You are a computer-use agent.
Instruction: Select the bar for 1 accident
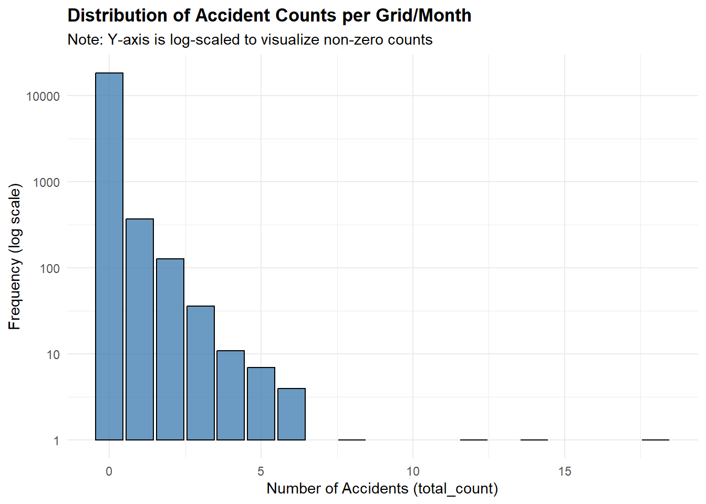pyautogui.click(x=140, y=329)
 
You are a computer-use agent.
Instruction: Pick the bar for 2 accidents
pyautogui.click(x=170, y=349)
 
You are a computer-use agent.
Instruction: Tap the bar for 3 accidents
pyautogui.click(x=201, y=373)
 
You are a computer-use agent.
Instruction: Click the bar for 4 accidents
pyautogui.click(x=231, y=395)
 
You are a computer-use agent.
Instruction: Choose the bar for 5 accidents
pyautogui.click(x=261, y=404)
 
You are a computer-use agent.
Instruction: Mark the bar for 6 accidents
pyautogui.click(x=292, y=414)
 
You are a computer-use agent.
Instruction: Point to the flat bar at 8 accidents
pyautogui.click(x=352, y=440)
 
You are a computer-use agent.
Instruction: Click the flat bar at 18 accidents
pyautogui.click(x=656, y=440)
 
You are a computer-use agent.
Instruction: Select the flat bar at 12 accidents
pyautogui.click(x=474, y=440)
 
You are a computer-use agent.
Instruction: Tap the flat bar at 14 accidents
pyautogui.click(x=534, y=440)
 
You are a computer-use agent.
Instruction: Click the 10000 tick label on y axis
pyautogui.click(x=43, y=97)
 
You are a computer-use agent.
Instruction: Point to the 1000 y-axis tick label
pyautogui.click(x=46, y=183)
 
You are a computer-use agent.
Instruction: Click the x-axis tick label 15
pyautogui.click(x=565, y=471)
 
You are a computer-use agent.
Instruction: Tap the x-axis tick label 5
pyautogui.click(x=261, y=471)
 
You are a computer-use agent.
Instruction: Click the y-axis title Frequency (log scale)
pyautogui.click(x=15, y=256)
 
